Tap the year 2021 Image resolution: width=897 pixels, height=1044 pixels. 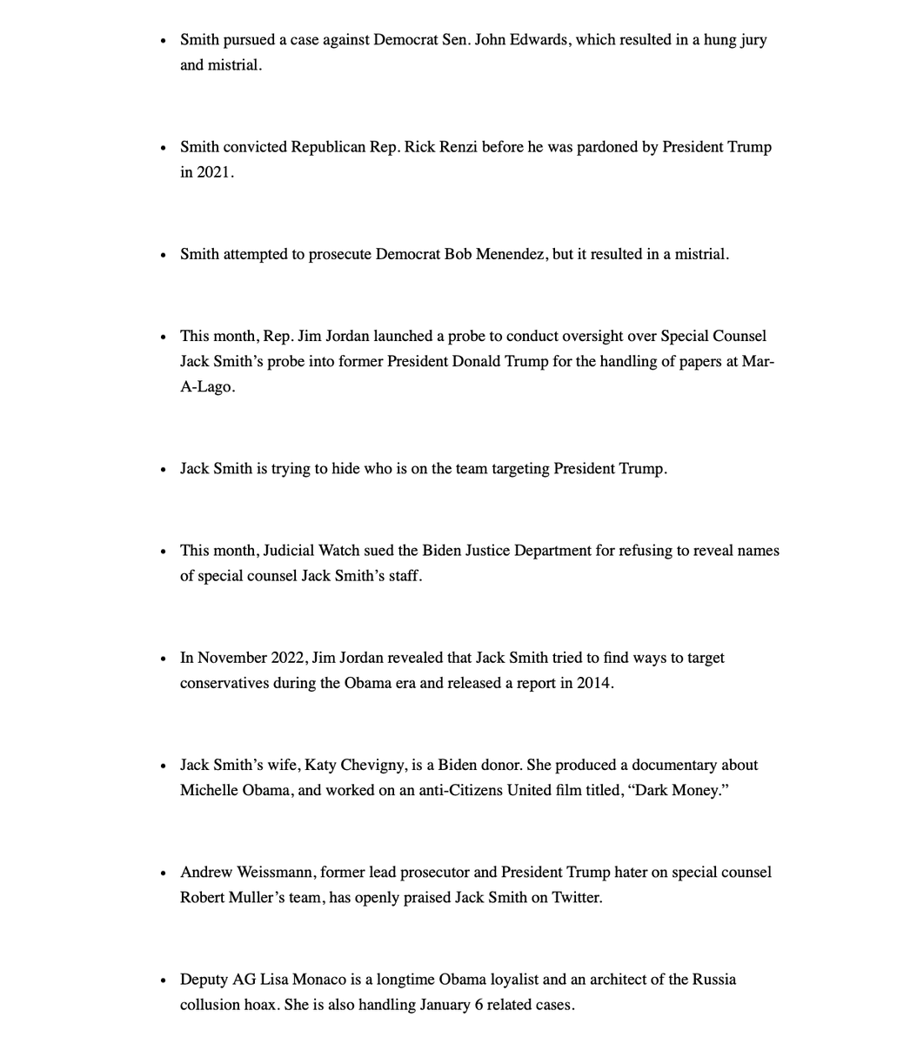point(214,172)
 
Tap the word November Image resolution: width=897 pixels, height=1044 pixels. point(233,658)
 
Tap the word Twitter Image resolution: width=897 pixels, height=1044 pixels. point(576,898)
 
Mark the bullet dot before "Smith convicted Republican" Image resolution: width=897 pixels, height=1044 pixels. point(163,148)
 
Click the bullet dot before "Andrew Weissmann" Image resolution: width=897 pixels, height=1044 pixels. point(163,873)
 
